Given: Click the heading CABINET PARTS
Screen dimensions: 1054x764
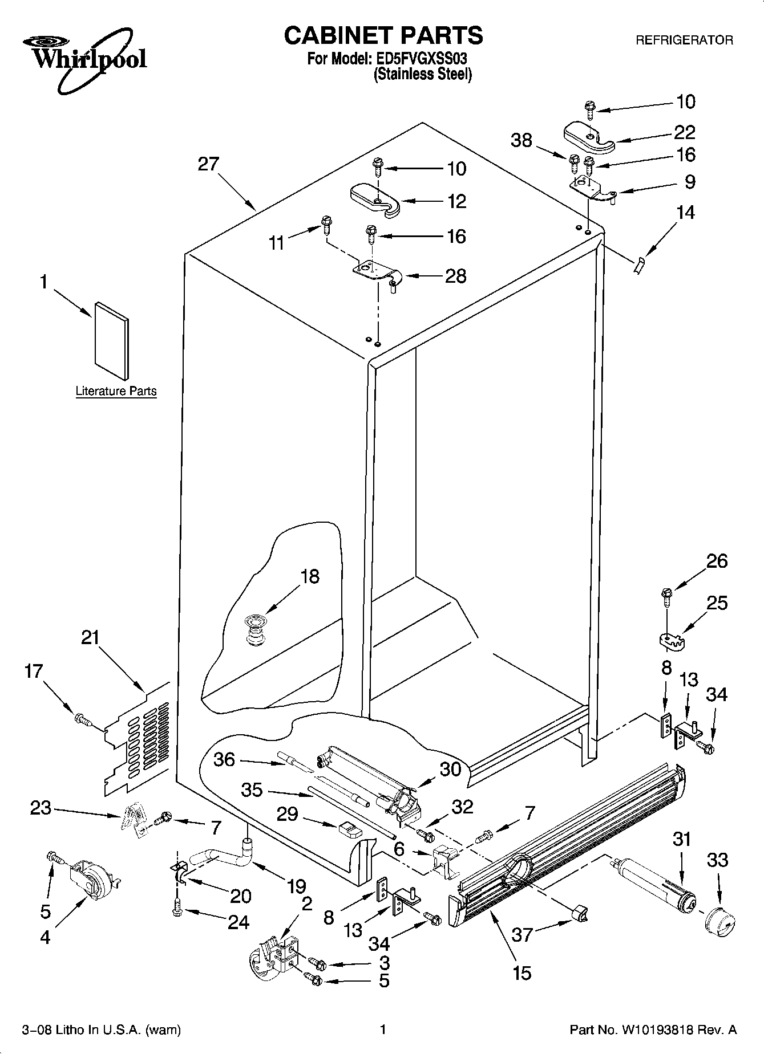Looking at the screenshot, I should (383, 35).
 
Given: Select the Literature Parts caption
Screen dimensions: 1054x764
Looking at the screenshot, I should (116, 391).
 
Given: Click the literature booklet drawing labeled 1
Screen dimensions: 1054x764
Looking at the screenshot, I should (111, 341).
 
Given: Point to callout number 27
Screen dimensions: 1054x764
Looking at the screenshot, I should (208, 164).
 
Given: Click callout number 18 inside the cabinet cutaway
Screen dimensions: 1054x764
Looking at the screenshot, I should (310, 576).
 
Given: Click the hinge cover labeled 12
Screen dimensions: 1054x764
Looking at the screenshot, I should (375, 200).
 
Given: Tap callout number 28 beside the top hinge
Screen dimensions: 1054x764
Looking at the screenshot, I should (456, 276).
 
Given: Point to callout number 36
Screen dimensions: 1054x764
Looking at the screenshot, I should (224, 759).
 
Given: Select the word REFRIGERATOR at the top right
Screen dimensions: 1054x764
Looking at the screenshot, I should (684, 40).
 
